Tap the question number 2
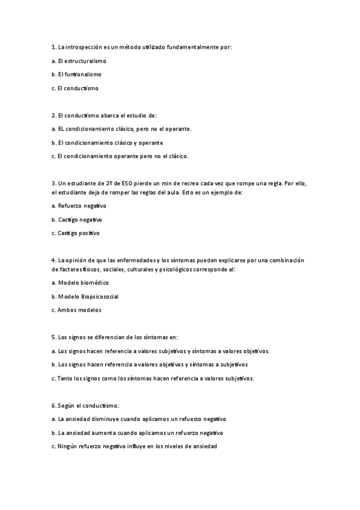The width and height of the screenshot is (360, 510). pos(53,115)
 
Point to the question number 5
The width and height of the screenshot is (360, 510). pos(53,337)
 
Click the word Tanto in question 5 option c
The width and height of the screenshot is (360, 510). pos(65,379)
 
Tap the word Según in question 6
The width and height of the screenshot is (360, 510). pos(67,406)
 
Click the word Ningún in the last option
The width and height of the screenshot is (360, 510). pos(68,447)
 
